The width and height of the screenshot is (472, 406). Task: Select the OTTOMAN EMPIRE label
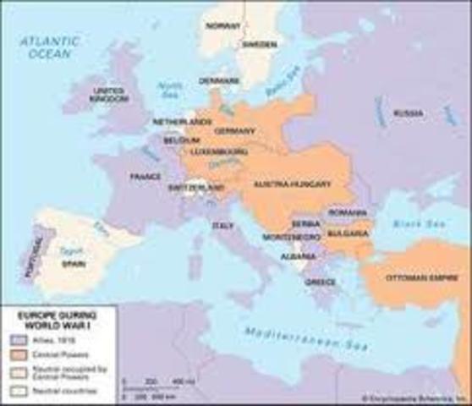(x=415, y=277)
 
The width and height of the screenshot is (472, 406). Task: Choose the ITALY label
(x=222, y=226)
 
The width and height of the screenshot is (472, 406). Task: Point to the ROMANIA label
(x=349, y=211)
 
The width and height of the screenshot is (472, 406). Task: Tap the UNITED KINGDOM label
(x=108, y=94)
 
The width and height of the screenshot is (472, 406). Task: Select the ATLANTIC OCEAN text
(x=51, y=47)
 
